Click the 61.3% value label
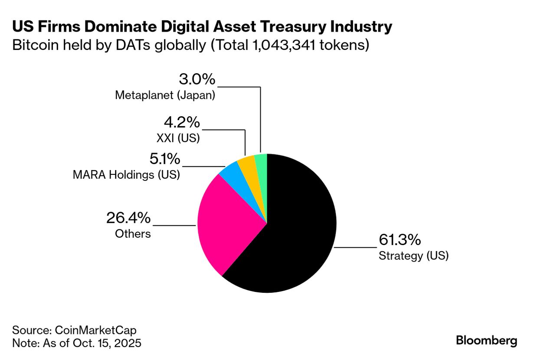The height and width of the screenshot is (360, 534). [400, 240]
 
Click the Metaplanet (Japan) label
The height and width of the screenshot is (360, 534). [165, 95]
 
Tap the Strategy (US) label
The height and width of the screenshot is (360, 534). [413, 256]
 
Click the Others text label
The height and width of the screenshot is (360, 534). [133, 234]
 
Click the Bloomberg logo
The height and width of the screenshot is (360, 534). [486, 341]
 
